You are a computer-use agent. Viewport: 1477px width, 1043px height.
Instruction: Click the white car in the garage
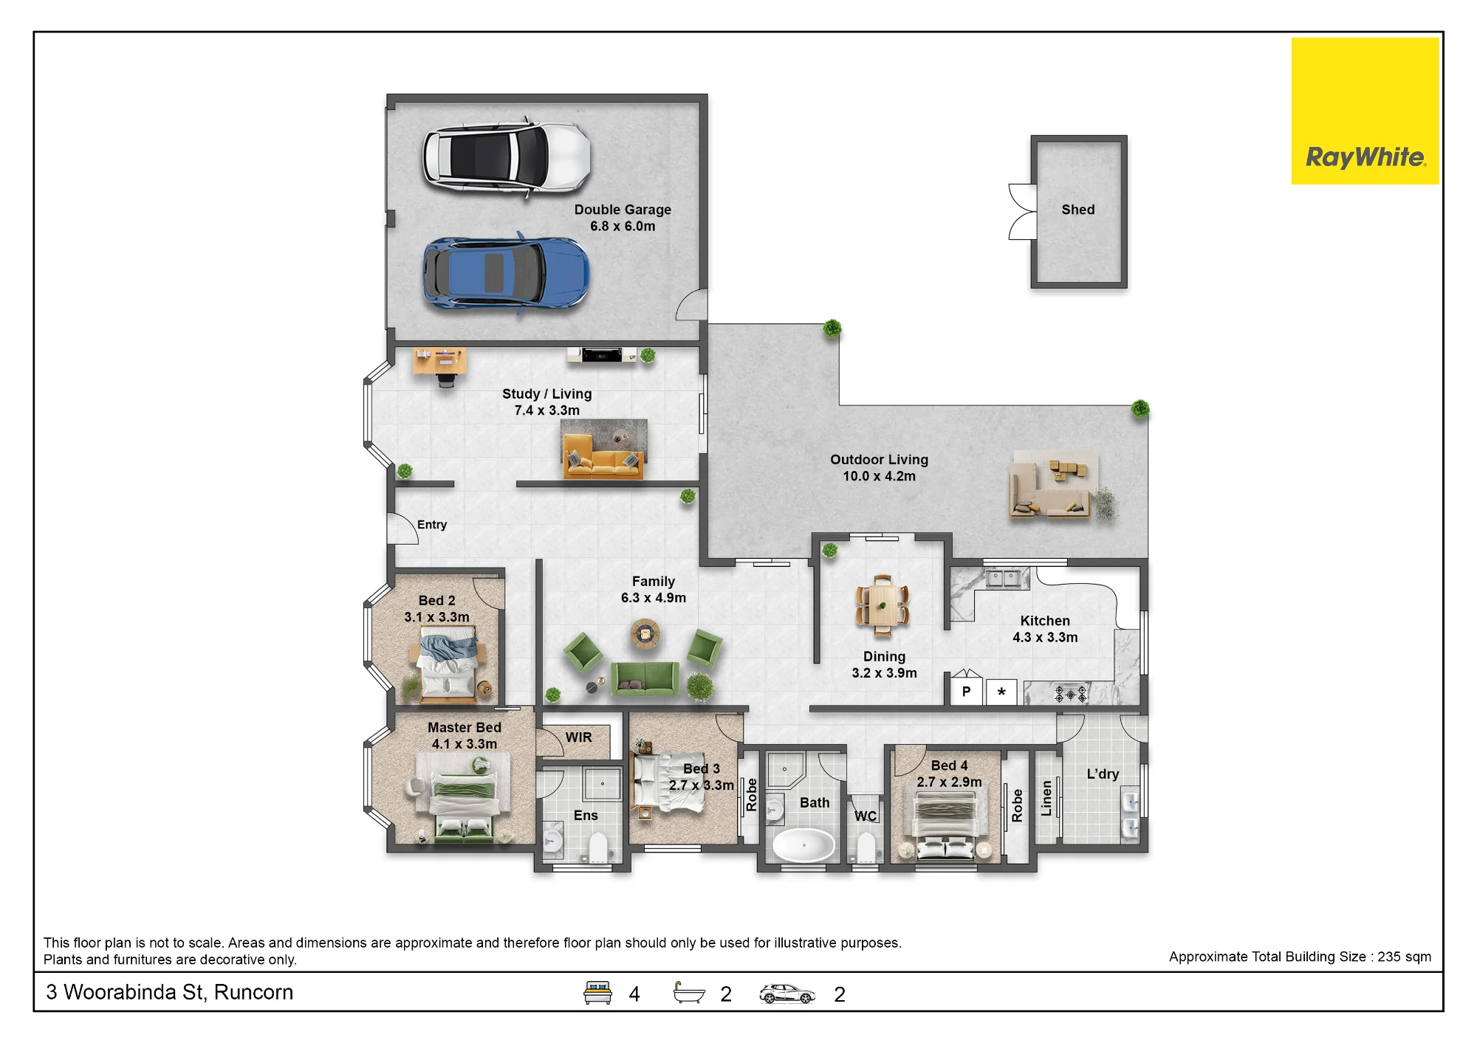(507, 156)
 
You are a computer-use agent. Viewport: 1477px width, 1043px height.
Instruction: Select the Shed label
(1078, 210)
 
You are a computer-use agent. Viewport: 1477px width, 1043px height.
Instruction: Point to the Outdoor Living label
(879, 460)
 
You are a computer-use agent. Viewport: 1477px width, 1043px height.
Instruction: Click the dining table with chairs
(882, 605)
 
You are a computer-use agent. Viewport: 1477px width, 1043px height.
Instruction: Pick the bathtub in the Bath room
(803, 844)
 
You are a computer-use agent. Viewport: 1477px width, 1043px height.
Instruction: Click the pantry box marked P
(965, 692)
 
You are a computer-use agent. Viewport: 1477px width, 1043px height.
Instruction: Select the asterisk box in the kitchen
(1001, 692)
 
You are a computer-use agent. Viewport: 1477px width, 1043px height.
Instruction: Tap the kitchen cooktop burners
(1070, 694)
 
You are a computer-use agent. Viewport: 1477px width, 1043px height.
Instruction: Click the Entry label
(432, 525)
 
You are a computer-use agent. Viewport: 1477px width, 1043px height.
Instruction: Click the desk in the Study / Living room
(440, 361)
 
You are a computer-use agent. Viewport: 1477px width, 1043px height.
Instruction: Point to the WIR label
(578, 737)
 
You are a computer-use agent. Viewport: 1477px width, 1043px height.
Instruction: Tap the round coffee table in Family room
(645, 633)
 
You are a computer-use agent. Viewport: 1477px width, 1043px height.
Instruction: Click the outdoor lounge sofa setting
(1050, 487)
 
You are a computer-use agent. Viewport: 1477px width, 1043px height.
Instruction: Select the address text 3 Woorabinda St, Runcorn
(170, 992)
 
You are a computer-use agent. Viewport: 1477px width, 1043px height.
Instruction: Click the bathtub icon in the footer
(689, 993)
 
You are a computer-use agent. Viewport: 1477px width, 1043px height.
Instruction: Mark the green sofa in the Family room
(645, 678)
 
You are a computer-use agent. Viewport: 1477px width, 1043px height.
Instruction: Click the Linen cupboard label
(1046, 799)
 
